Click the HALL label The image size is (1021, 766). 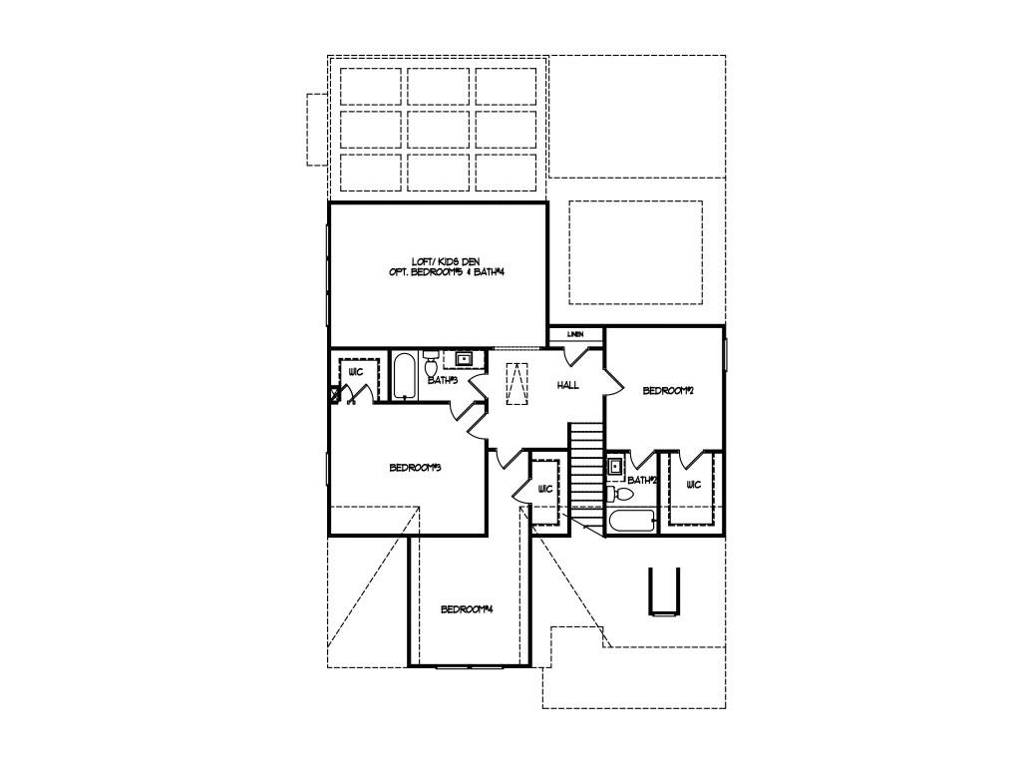pos(567,385)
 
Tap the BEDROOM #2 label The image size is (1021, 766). pos(667,391)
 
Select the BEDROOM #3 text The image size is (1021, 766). pos(415,468)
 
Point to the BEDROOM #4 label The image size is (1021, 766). pos(468,609)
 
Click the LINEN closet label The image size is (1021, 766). pos(575,334)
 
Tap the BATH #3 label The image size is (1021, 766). pos(442,380)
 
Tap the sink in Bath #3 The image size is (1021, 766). pos(464,358)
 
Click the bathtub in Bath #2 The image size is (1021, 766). pos(631,521)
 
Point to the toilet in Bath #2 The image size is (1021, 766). pos(619,494)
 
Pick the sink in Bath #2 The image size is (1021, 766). pos(616,466)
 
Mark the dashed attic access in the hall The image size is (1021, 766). pos(516,384)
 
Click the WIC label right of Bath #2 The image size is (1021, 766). pos(693,485)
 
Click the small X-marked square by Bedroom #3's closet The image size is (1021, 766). pos(335,394)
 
